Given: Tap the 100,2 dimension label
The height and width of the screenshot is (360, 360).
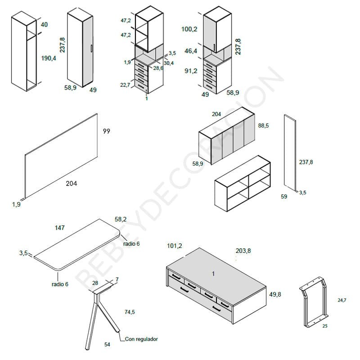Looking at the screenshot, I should (x=189, y=29).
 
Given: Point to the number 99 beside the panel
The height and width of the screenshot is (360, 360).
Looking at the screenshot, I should (x=106, y=131).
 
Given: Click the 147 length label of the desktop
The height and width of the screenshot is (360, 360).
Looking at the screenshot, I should (x=59, y=228).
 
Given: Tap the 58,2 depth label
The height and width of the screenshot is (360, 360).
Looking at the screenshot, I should (x=121, y=220).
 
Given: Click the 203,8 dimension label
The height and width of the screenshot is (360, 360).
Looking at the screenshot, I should (x=243, y=251).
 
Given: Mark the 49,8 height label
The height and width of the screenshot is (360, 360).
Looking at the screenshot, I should (x=275, y=294).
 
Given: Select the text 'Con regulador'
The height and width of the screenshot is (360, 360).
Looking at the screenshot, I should (x=141, y=339).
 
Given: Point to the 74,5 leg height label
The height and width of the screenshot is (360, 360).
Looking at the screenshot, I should (x=130, y=312).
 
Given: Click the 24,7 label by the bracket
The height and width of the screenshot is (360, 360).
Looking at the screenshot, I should (x=342, y=300).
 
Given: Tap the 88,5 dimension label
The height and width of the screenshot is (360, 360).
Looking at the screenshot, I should (x=263, y=126).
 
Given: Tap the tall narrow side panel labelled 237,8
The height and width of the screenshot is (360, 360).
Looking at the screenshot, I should (x=290, y=151).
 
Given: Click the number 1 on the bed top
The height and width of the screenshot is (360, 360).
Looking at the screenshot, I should (x=213, y=274).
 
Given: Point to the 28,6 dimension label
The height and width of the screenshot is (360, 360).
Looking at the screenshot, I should (x=158, y=68).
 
